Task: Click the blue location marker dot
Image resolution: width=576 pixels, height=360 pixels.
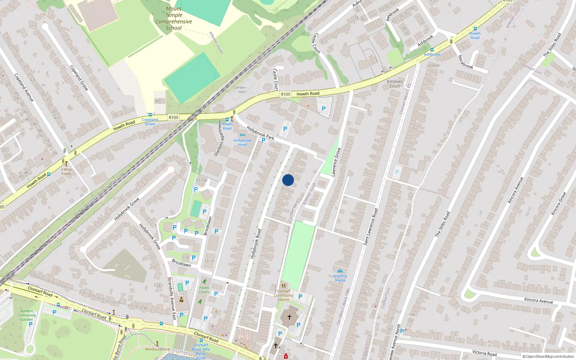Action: [x=288, y=180]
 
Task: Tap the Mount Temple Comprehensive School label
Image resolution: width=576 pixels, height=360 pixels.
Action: [x=174, y=18]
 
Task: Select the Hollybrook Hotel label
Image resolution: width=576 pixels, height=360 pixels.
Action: [x=242, y=143]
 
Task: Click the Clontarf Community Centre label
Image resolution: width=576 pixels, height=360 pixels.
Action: [x=284, y=295]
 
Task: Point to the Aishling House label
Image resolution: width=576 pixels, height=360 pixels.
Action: [x=340, y=278]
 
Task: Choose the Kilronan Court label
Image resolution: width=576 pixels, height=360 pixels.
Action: [x=395, y=84]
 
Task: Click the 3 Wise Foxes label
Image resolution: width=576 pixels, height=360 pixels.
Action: [x=66, y=171]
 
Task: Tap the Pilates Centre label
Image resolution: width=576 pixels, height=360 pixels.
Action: [x=204, y=290]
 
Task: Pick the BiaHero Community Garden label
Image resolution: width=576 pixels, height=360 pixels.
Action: [x=27, y=315]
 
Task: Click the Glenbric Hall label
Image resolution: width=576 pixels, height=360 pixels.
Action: [x=240, y=90]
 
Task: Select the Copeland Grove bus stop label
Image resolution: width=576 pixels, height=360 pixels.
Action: [x=150, y=122]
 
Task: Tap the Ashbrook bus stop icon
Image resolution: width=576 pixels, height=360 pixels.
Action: [x=432, y=50]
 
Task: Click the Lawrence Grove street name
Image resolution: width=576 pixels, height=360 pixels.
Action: [x=336, y=162]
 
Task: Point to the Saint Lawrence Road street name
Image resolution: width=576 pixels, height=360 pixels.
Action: [x=370, y=227]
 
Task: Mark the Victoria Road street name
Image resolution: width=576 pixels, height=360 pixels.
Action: [x=484, y=353]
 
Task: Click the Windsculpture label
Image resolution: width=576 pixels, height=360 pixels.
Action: [x=157, y=349]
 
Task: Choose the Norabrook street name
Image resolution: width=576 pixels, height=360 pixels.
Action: [x=465, y=62]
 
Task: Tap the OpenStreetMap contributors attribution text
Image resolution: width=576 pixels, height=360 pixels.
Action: [x=548, y=357]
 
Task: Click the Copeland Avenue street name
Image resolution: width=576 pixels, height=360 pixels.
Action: [x=24, y=87]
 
